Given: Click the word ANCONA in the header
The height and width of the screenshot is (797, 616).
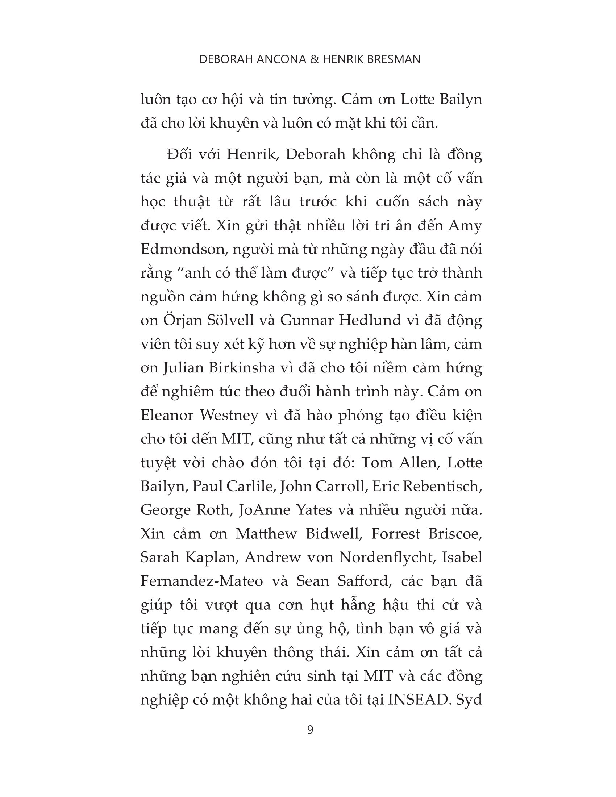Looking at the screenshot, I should [281, 59].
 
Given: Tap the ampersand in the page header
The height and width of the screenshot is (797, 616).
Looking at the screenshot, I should [314, 59].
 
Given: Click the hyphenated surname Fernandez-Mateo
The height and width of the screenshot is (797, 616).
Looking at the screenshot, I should [201, 581].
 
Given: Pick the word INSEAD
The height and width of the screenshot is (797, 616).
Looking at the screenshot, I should [417, 700].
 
